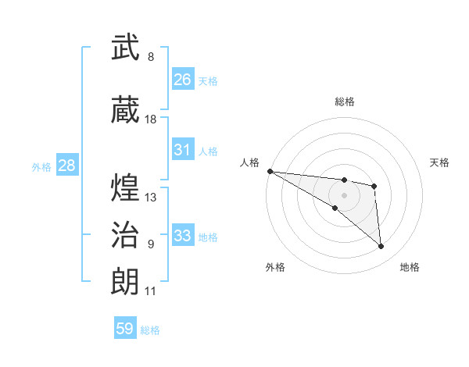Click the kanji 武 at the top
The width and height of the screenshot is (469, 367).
pos(125,49)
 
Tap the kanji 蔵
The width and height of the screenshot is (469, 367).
pos(125,111)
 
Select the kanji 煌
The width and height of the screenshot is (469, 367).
pos(125,188)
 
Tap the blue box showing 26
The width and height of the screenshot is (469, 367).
pos(183,80)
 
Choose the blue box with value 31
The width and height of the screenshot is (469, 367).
pos(183,150)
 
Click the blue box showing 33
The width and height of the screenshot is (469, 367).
pos(183,236)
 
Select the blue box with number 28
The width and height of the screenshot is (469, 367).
pos(66,166)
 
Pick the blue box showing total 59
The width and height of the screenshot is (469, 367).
pos(125,329)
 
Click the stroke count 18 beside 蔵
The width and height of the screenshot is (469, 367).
pos(151,119)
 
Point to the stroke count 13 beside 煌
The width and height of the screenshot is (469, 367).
pos(151,197)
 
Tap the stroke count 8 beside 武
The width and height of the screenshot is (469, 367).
pos(151,57)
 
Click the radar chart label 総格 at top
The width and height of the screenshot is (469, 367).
pos(344,102)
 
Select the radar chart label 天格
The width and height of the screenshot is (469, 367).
pos(439,162)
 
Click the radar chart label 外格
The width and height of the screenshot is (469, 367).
pos(275,267)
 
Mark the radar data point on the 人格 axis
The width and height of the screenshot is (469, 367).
pos(270,171)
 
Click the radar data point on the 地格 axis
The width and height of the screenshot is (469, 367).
pos(381,246)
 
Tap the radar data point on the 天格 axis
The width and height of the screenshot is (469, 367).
pos(374,186)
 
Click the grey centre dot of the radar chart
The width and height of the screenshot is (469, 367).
pos(344,195)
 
